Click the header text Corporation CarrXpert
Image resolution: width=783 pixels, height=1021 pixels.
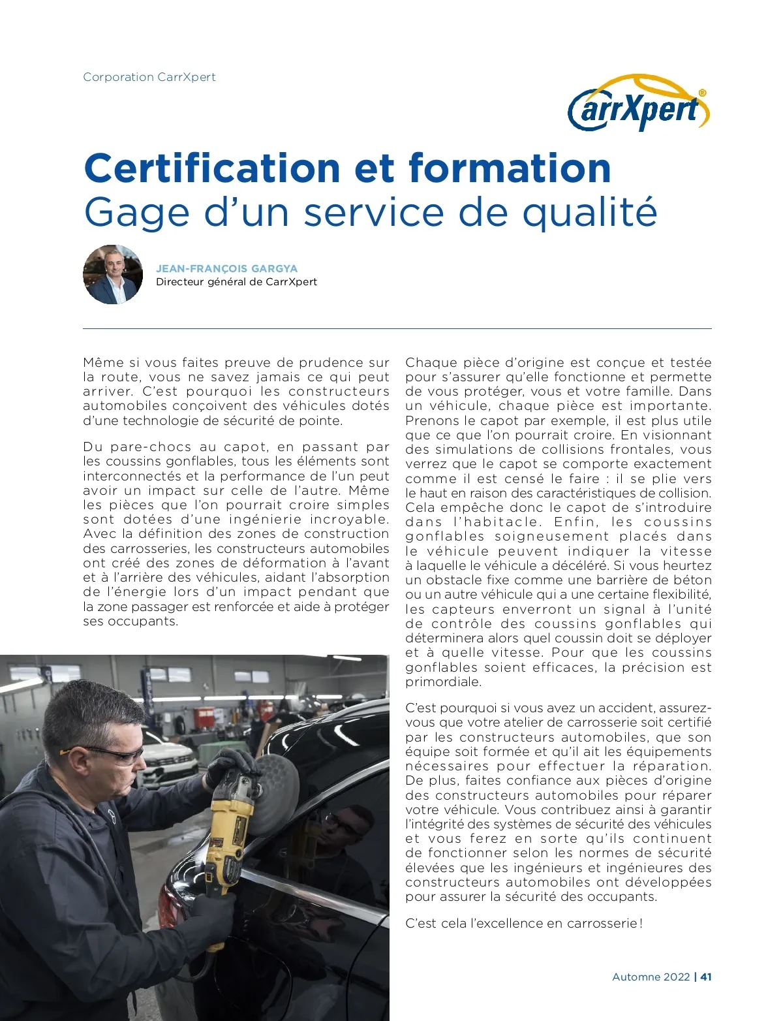click(x=149, y=77)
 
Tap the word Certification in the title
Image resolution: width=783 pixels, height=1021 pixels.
click(x=212, y=168)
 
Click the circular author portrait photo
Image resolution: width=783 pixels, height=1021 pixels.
click(x=113, y=275)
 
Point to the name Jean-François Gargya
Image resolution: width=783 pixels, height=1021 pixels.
click(x=226, y=268)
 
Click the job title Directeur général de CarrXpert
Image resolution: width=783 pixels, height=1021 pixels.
click(x=236, y=282)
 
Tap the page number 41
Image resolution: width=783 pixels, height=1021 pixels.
click(x=706, y=977)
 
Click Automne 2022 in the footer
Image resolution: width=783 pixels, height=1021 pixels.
click(x=651, y=977)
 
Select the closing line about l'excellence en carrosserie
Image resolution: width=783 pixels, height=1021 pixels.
click(x=523, y=923)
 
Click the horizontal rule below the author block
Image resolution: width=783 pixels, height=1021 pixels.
click(x=397, y=328)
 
